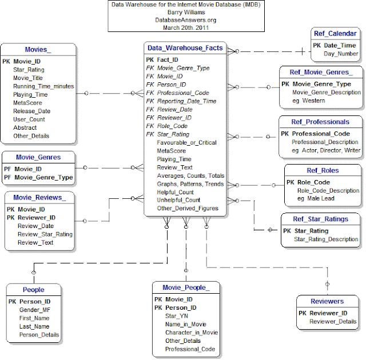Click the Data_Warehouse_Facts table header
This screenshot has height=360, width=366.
coord(185,48)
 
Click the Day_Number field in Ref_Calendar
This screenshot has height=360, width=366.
coord(341,54)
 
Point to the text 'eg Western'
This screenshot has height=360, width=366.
coord(309,101)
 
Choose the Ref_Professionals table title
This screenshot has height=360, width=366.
coord(320,122)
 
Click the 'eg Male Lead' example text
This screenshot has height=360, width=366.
coord(316,198)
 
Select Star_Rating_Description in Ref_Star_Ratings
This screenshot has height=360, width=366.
coord(326,239)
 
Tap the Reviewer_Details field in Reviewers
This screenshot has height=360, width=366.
coord(332,322)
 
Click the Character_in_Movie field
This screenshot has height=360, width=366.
coord(192,333)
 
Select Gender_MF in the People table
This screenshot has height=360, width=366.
coord(35,309)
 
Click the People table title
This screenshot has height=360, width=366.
coord(34,290)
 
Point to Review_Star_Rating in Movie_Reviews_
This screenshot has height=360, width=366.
coord(45,234)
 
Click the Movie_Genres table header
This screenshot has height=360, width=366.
coord(38,157)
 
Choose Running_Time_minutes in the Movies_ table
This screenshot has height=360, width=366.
coord(44,86)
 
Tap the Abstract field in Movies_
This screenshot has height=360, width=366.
coord(25,128)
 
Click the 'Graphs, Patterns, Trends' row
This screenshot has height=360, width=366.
coord(190,184)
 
